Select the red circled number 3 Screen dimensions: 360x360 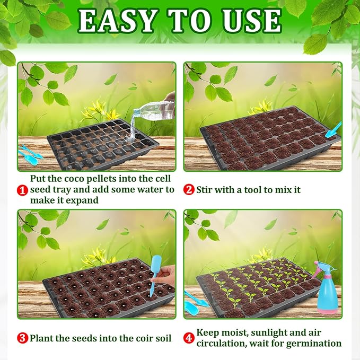(22, 338)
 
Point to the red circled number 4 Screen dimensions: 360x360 (189, 338)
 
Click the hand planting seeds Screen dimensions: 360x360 (166, 276)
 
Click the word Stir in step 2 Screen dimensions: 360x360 (205, 189)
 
